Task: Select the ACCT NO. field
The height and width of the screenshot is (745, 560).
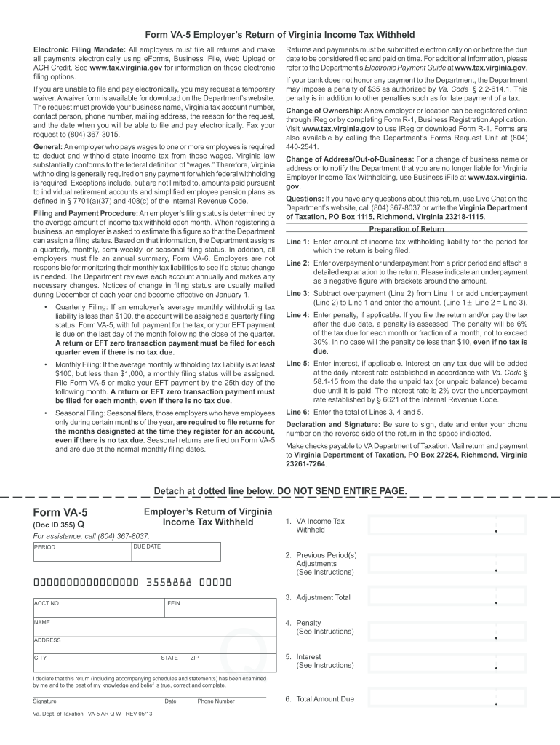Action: click(x=98, y=607)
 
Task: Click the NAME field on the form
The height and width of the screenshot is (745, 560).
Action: click(x=153, y=626)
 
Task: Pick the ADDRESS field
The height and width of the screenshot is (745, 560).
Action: click(x=153, y=645)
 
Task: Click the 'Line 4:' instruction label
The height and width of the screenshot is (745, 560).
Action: click(x=298, y=315)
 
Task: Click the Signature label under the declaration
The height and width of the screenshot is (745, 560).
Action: click(x=44, y=701)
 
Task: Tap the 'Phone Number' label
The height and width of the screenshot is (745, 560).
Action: click(x=216, y=701)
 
